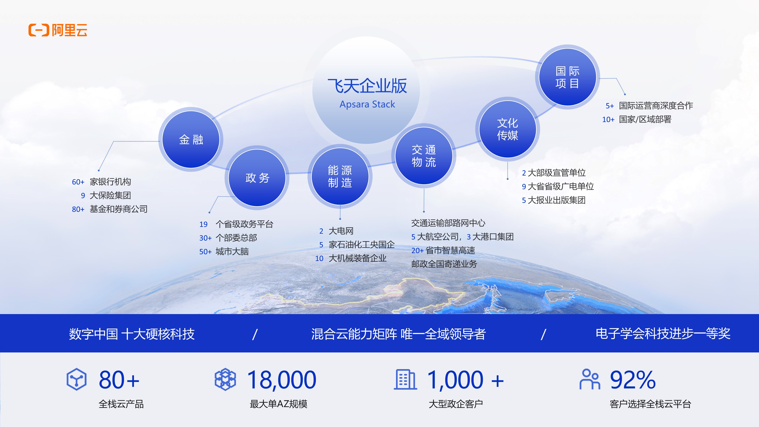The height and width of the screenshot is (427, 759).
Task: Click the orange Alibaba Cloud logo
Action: tap(58, 30)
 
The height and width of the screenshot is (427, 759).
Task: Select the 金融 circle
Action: tap(191, 139)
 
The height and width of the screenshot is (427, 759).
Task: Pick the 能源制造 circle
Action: tap(340, 176)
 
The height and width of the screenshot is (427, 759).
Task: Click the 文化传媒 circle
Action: tap(507, 129)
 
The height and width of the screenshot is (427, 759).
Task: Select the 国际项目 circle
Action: tap(567, 77)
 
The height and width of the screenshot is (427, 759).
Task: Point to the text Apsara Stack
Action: tap(367, 104)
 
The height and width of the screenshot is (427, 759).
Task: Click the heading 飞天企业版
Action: tap(367, 86)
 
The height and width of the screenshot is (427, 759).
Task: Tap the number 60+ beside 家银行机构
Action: tap(78, 182)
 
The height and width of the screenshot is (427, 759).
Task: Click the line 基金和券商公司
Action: tap(118, 209)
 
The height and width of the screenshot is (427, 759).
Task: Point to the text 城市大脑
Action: tap(232, 251)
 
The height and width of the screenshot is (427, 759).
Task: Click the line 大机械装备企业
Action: tap(357, 258)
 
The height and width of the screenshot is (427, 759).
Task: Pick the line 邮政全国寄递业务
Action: tap(444, 264)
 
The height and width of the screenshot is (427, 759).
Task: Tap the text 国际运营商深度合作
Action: tap(656, 105)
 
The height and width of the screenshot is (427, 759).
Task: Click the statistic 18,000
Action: tap(282, 380)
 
